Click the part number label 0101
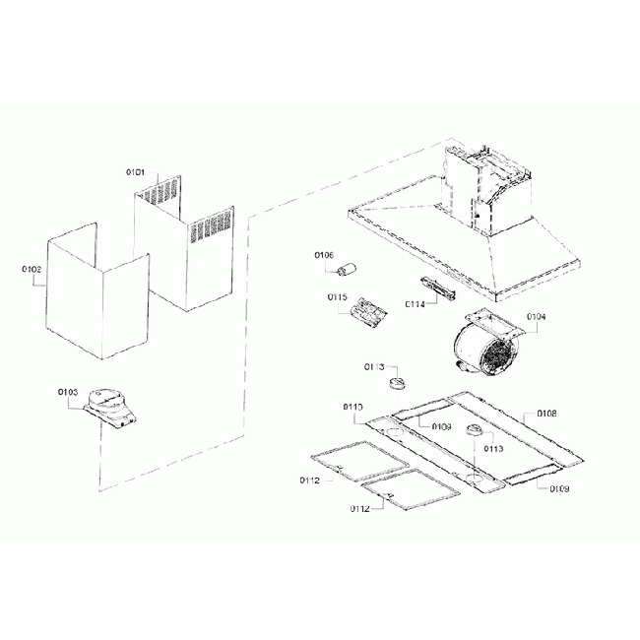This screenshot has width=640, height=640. click(x=135, y=172)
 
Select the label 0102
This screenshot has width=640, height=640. click(x=31, y=267)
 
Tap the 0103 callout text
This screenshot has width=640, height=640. click(x=67, y=392)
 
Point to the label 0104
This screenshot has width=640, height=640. click(x=536, y=317)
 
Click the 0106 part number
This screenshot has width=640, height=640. click(x=324, y=255)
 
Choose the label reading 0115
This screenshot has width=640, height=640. click(x=338, y=295)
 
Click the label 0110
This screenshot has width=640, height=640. click(x=353, y=407)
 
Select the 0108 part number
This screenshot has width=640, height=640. click(x=546, y=415)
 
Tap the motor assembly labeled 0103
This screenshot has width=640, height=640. click(x=109, y=406)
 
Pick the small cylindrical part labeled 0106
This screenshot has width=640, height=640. click(x=348, y=267)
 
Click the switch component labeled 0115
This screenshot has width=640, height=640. click(x=368, y=311)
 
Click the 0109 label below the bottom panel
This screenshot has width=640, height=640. click(x=559, y=489)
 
